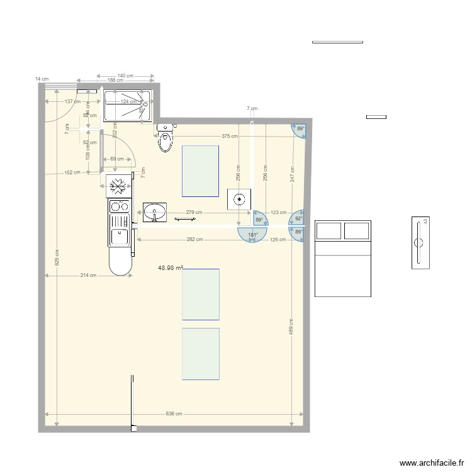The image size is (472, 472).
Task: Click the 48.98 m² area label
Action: click(171, 267)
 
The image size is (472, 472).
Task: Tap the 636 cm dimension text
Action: click(174, 413)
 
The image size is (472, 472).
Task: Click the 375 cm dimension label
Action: click(230, 137)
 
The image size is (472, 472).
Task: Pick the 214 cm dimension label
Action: click(89, 275)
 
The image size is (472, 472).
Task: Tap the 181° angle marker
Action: click(253, 235)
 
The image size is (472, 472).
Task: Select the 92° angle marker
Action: click(298, 219)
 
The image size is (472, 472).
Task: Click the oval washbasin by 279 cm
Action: click(154, 212)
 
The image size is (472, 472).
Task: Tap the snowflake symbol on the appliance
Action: click(116, 184)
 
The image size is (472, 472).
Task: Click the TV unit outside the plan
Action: click(420, 243)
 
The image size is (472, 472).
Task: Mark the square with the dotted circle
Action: click(239, 199)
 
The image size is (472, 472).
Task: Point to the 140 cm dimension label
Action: click(125, 76)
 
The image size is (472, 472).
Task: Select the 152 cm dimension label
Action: click(72, 172)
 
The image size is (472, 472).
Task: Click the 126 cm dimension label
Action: click(278, 239)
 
